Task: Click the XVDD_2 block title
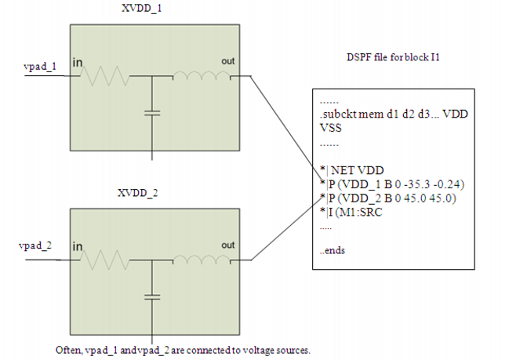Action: [x=137, y=192]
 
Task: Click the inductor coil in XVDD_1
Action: [x=201, y=76]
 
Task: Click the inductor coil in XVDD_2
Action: [x=201, y=256]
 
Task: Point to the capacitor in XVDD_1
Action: [x=153, y=113]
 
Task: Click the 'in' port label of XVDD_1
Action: [x=78, y=62]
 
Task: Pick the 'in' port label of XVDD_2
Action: [x=78, y=246]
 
